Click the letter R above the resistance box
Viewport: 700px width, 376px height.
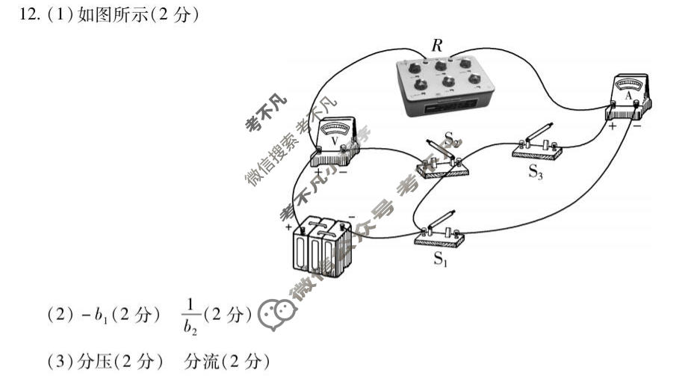pyautogui.click(x=437, y=46)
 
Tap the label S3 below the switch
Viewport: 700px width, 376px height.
pyautogui.click(x=536, y=172)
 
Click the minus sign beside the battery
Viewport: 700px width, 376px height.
pyautogui.click(x=350, y=217)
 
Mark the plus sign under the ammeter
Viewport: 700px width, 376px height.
pyautogui.click(x=612, y=126)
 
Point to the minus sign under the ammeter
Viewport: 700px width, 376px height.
pyautogui.click(x=638, y=126)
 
